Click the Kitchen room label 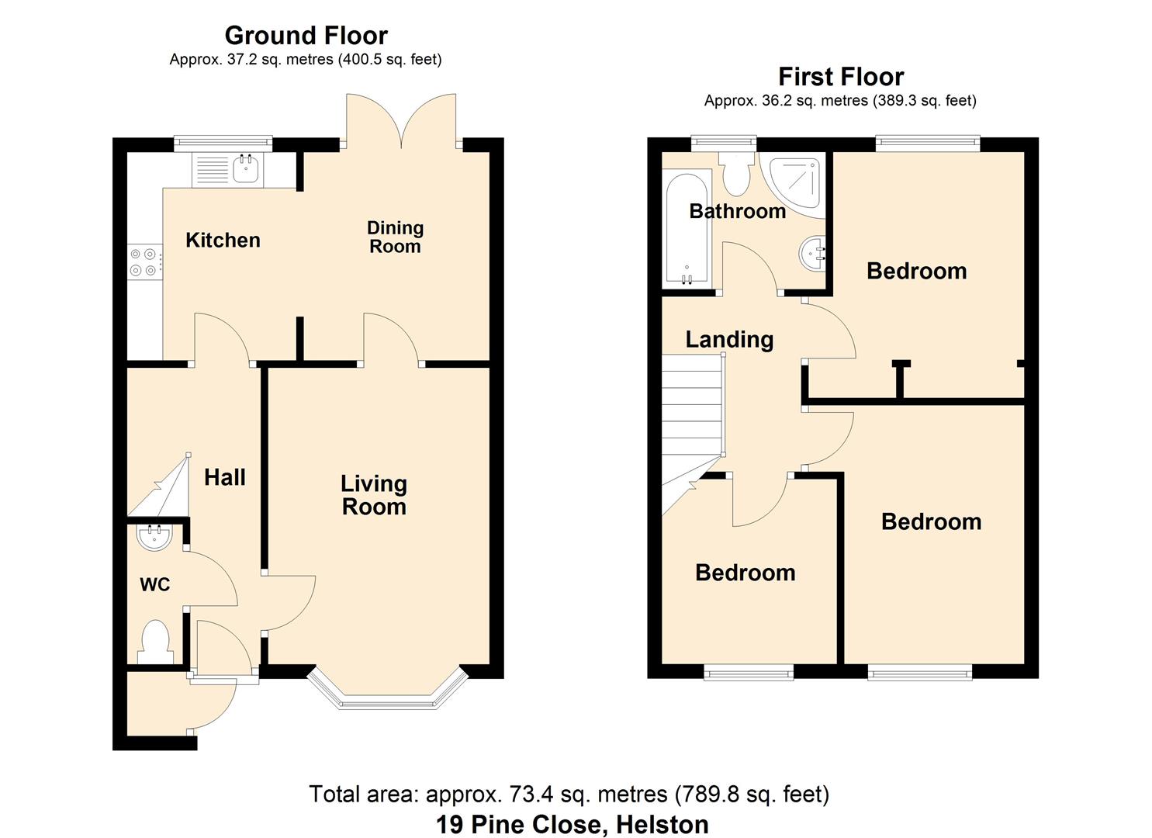coord(223,241)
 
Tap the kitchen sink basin coord(245,168)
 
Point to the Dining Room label coord(395,237)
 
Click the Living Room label coord(374,495)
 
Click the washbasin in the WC coord(154,538)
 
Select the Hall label coord(225,477)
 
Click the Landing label coord(729,340)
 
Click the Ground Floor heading coord(306,36)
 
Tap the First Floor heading coord(841,77)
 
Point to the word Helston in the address coord(662,825)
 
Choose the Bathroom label coord(738,211)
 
